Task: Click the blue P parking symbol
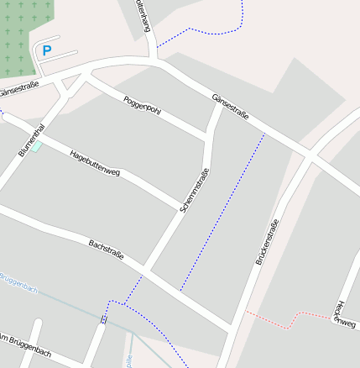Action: (47, 50)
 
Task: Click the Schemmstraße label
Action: (194, 190)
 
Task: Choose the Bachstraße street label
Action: (106, 249)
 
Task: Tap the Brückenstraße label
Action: (266, 241)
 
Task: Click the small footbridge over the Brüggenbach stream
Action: (104, 318)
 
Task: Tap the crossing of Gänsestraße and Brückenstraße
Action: (308, 157)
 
